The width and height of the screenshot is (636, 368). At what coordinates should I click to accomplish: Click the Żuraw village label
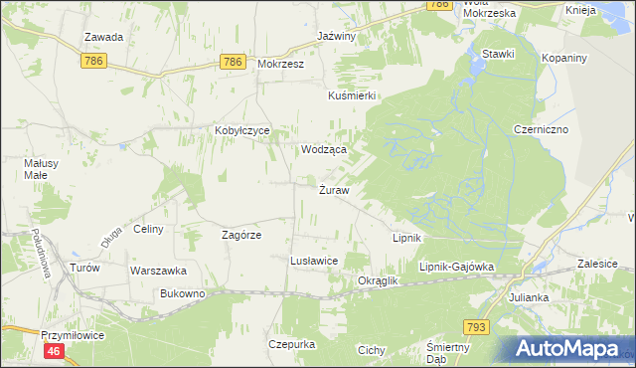333,191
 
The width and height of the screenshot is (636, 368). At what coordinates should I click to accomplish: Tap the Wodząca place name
324,149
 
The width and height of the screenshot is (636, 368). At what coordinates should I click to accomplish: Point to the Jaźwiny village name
336,36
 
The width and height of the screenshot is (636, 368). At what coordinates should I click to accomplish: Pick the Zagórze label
240,235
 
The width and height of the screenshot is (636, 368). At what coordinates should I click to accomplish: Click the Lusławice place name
314,261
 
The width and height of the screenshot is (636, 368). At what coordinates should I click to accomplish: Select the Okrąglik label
377,281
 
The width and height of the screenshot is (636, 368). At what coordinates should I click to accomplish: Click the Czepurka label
291,344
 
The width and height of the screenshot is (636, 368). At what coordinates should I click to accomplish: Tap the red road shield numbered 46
54,352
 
